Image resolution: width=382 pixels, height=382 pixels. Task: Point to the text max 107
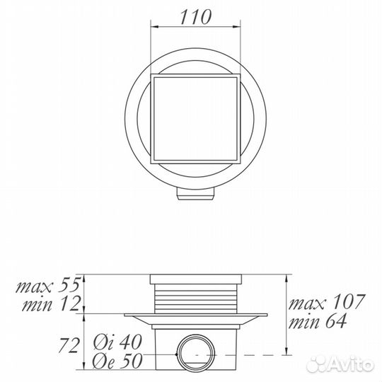326,303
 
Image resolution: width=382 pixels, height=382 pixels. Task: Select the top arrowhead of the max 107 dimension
285,278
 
